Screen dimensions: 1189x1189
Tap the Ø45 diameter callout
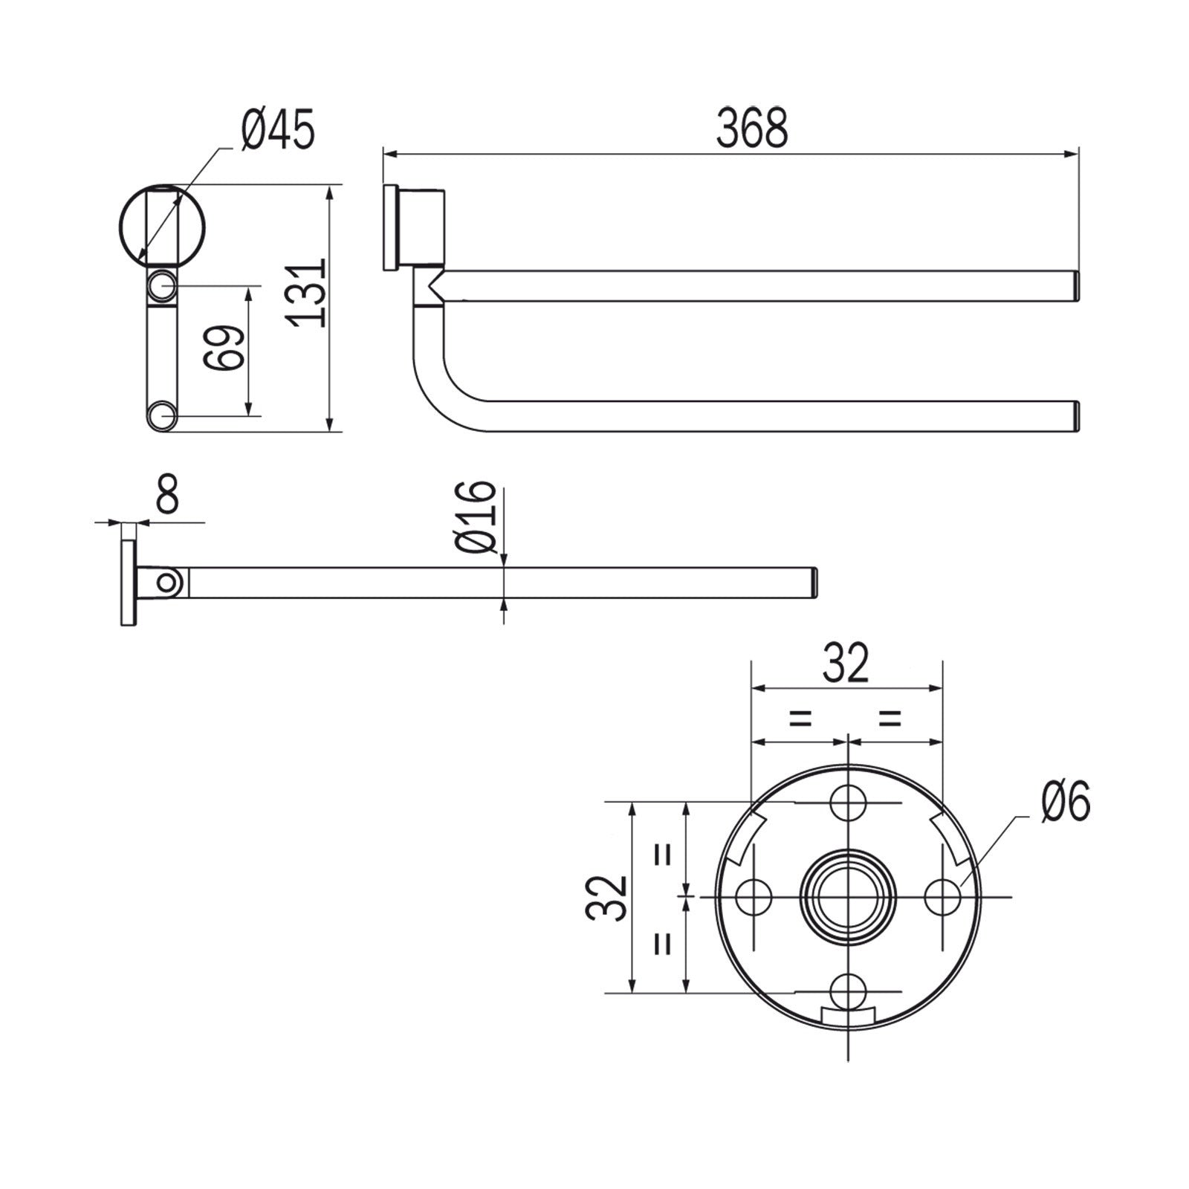278,130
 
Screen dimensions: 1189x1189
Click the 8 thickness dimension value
168,496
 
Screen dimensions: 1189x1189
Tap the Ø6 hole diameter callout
1065,803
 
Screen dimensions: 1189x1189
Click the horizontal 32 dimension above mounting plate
846,664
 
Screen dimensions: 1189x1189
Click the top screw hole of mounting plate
848,803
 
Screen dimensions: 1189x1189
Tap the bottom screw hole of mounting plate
848,992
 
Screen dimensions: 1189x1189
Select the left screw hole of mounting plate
753,898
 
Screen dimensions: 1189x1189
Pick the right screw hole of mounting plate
942,898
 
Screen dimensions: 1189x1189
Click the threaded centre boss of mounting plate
848,898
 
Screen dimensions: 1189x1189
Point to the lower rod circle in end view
161,416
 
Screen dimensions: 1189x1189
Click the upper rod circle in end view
161,285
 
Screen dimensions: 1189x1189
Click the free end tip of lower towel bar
1075,416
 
